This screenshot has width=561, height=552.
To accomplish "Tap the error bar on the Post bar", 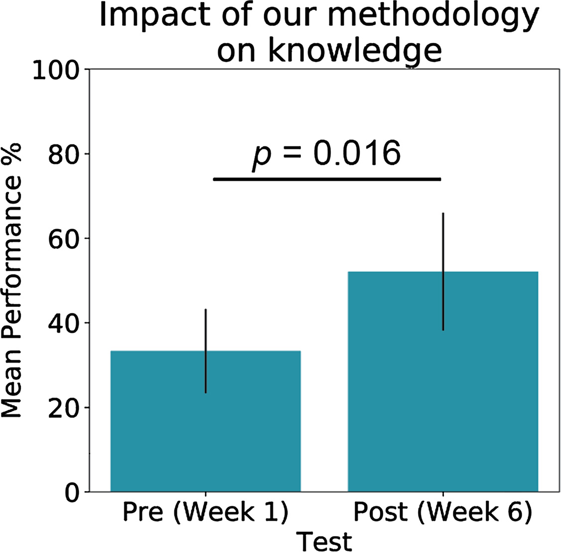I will click(443, 239).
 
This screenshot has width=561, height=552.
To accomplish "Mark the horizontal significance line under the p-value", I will click(327, 179).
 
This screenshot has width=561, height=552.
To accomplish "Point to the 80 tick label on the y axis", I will click(65, 154).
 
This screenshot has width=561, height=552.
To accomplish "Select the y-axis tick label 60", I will click(65, 239).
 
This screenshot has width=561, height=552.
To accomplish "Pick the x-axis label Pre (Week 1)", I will click(205, 513).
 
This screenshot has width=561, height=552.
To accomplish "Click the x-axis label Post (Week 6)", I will click(442, 513).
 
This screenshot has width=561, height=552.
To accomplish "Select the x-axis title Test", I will click(324, 540).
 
